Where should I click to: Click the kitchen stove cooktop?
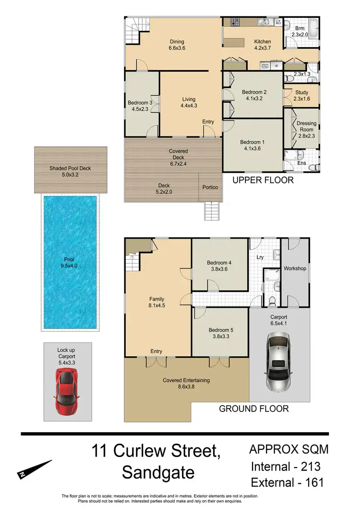(235, 22)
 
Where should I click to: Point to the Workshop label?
(295, 268)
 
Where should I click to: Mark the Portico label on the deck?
(211, 187)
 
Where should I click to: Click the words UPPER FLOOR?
(263, 181)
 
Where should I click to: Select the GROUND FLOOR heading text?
(254, 409)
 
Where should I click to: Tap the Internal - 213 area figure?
(286, 466)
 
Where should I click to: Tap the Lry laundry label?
(261, 258)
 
